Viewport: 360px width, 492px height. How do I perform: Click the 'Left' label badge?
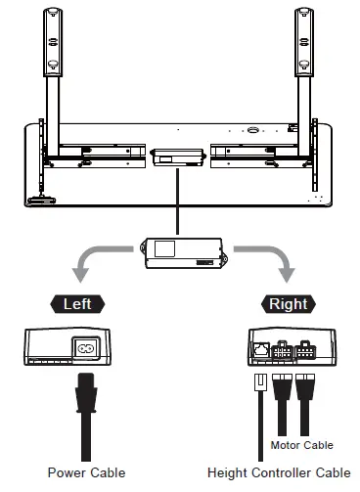(77, 303)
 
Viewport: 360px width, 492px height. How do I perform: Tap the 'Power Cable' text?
(86, 472)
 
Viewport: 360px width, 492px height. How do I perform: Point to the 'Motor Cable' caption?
(301, 445)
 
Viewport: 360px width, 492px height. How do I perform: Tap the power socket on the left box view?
(86, 346)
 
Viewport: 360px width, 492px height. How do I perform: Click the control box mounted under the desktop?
(177, 156)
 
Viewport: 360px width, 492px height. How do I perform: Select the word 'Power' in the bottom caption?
(65, 472)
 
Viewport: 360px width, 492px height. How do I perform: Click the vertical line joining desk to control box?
(177, 201)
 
